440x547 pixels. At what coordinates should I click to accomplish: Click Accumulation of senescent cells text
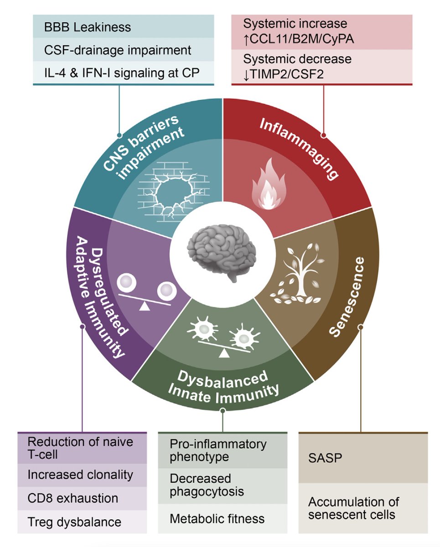pyautogui.click(x=353, y=508)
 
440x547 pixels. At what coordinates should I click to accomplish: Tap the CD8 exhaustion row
pyautogui.click(x=73, y=498)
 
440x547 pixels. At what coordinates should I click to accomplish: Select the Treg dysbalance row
pyautogui.click(x=74, y=521)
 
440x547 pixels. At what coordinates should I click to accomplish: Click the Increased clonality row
pyautogui.click(x=80, y=475)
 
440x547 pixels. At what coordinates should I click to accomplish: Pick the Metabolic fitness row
pyautogui.click(x=217, y=518)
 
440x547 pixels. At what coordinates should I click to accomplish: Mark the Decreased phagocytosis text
pyautogui.click(x=207, y=485)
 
